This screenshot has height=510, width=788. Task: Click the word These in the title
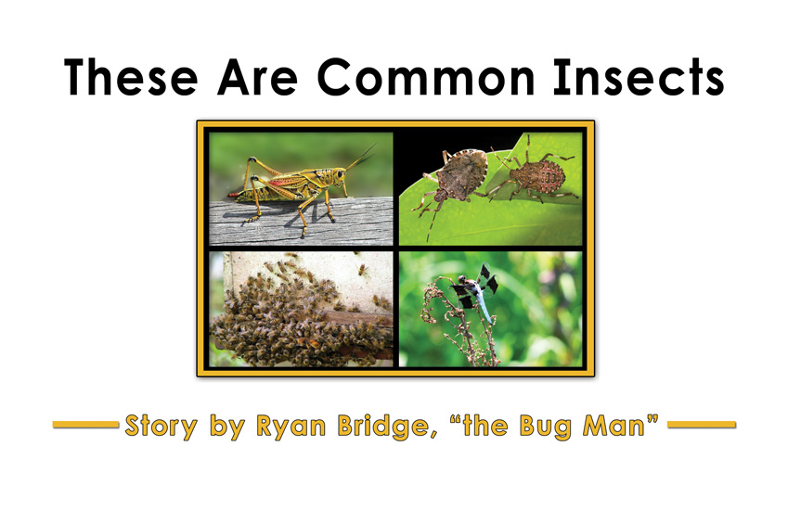click(131, 77)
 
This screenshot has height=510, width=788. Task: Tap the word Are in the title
click(257, 77)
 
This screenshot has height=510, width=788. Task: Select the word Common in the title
click(426, 77)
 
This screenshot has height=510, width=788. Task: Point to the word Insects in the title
click(639, 77)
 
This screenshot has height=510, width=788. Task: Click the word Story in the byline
click(161, 427)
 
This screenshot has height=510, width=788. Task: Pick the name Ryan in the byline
click(291, 427)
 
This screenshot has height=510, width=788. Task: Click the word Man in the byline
click(614, 426)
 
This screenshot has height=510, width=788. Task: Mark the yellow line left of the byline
click(85, 425)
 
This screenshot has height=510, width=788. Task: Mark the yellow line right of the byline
click(702, 425)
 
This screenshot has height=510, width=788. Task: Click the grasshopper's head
click(339, 175)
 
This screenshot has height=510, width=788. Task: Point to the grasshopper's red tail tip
click(234, 194)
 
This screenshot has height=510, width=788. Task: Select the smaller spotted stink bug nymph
click(536, 174)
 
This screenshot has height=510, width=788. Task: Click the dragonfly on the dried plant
click(475, 291)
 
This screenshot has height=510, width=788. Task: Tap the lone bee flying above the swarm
click(363, 271)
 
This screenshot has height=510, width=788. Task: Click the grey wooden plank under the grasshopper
click(301, 221)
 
